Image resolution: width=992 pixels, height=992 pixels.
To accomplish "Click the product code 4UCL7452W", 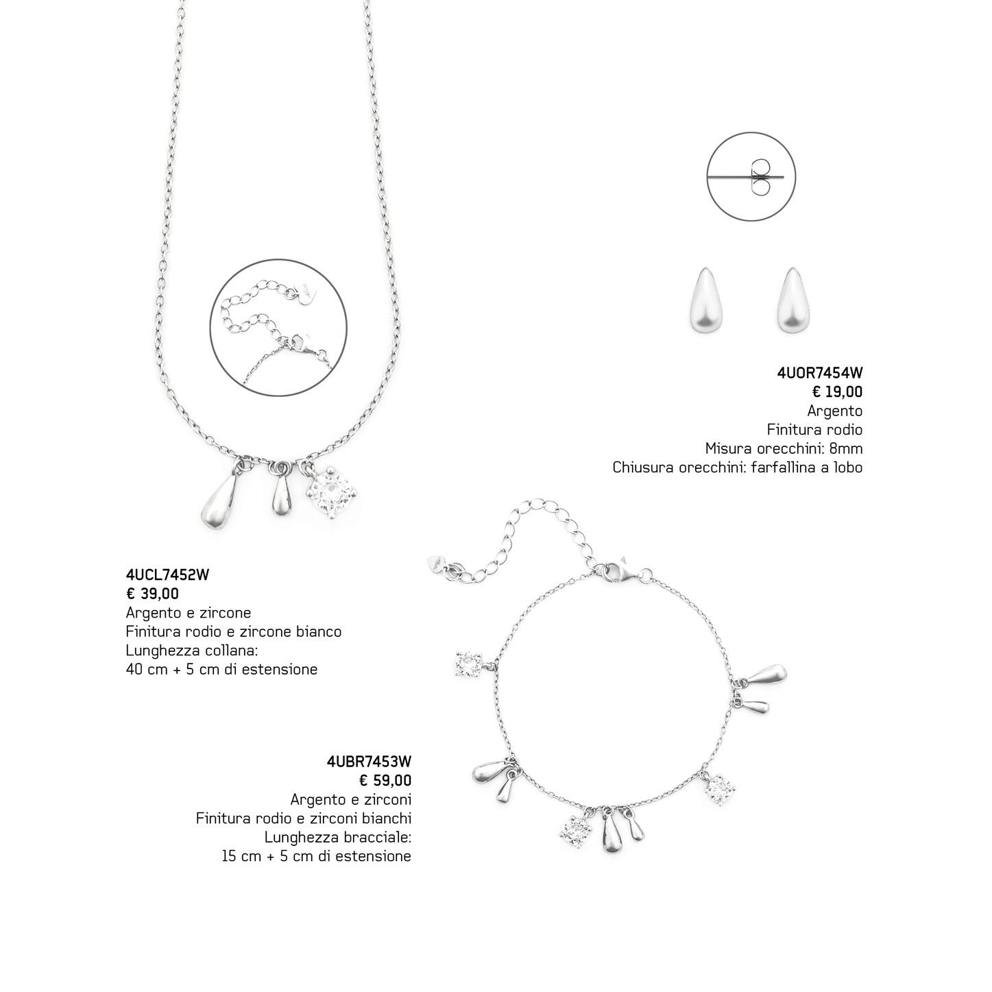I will pyautogui.click(x=167, y=575).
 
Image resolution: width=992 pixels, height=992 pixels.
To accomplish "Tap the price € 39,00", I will pyautogui.click(x=152, y=594).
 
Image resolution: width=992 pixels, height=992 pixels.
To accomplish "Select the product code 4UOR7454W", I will pyautogui.click(x=819, y=374).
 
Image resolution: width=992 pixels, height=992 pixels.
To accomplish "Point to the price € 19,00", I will pyautogui.click(x=837, y=392).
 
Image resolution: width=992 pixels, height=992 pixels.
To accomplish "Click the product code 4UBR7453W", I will pyautogui.click(x=369, y=762).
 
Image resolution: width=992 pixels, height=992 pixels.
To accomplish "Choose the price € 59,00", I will pyautogui.click(x=385, y=780).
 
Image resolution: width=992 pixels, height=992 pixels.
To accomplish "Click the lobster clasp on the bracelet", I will pyautogui.click(x=621, y=572).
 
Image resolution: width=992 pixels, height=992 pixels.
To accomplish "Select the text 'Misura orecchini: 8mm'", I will pyautogui.click(x=784, y=449).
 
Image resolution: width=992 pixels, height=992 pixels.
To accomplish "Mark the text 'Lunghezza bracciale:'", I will pyautogui.click(x=337, y=838).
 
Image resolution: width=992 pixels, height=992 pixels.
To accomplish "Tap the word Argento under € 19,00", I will pyautogui.click(x=834, y=411).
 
